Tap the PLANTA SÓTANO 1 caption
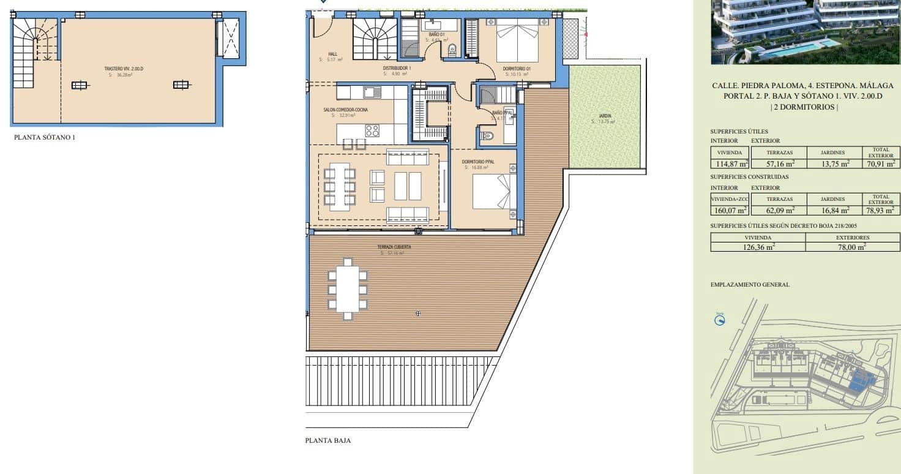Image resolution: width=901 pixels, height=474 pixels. (x=45, y=138)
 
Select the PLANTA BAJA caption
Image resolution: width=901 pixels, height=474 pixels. (x=328, y=440)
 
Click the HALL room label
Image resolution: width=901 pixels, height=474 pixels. (x=333, y=54)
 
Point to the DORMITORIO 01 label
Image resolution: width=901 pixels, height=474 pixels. (x=517, y=69)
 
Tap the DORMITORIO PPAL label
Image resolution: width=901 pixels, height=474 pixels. (x=478, y=162)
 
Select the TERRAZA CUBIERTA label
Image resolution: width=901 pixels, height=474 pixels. (x=395, y=247)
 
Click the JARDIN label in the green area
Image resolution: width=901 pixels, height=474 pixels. (x=605, y=116)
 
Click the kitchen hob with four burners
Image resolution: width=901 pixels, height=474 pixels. (x=373, y=130)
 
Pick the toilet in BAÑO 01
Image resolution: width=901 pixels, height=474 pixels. (x=452, y=50)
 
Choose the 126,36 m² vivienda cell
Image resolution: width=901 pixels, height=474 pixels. (x=758, y=247)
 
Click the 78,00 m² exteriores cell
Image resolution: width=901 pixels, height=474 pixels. (x=853, y=247)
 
